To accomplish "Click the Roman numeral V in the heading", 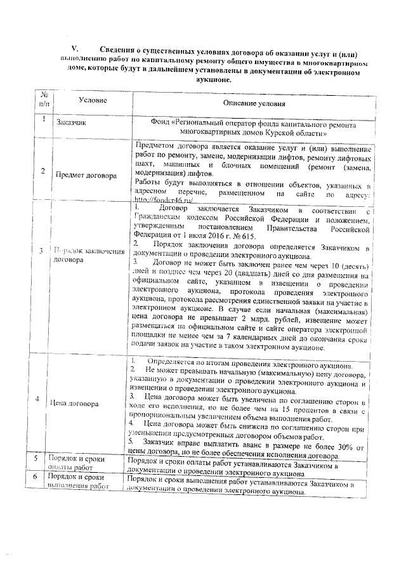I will tap(74, 48).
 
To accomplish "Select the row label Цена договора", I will tap(76, 403).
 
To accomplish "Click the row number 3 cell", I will tap(41, 251).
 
